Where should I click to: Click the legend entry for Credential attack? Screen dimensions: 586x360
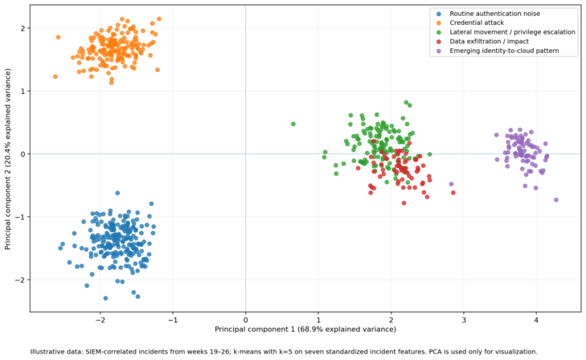[x=477, y=22]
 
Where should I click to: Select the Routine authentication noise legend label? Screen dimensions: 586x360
[x=495, y=14]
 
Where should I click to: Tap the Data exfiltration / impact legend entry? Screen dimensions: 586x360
[x=490, y=42]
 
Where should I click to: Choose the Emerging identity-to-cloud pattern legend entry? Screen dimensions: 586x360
[x=504, y=51]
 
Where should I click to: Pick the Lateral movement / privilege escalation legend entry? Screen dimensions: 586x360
[x=512, y=32]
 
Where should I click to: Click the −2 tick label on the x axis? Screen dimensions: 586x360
[x=100, y=320]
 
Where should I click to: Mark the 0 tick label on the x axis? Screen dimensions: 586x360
[x=245, y=320]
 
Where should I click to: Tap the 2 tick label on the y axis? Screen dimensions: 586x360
[x=23, y=28]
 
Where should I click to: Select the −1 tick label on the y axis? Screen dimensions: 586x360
[x=21, y=217]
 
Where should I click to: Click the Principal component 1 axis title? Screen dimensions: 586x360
[x=305, y=329]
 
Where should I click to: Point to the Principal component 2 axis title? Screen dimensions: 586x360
[x=7, y=159]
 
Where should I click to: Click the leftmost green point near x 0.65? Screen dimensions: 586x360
[x=293, y=124]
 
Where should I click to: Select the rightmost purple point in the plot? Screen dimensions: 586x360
[x=555, y=200]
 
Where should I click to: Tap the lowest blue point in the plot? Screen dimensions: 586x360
[x=105, y=298]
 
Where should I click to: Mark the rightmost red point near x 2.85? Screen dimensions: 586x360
[x=453, y=193]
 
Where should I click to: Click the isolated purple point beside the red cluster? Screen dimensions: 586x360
[x=451, y=184]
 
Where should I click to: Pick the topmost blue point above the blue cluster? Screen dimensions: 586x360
[x=117, y=193]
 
